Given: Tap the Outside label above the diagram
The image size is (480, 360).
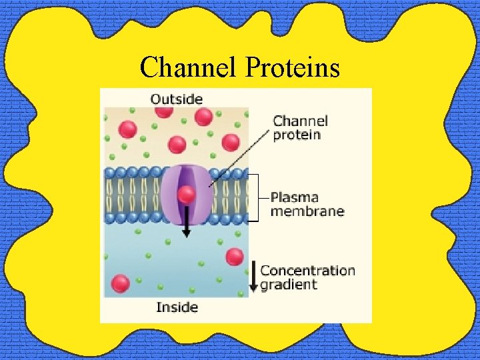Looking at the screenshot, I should coord(176,99).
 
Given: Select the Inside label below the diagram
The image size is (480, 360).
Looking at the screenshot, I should coord(177,307).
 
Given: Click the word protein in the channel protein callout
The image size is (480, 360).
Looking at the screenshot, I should coord(297,135).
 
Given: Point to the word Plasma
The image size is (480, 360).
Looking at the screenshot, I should coord(295,197).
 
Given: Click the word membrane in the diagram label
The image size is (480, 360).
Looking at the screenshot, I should coord(307,211).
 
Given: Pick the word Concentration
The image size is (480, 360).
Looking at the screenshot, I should coord(307,271).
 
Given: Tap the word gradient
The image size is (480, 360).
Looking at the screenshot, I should coord(289,285).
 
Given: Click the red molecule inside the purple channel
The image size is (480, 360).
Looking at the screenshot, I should coord(187,195).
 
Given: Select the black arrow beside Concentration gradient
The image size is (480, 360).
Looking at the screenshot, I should coord(253,277).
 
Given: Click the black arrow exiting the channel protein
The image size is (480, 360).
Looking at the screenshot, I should coord(187,223).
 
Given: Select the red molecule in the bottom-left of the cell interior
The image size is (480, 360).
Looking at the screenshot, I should coord(121,283).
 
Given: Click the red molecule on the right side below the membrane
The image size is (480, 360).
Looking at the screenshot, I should coord(234,257).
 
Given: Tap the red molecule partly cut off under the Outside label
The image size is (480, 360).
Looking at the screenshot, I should coord(164,111).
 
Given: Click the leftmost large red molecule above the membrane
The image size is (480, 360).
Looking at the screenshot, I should coord(127,129).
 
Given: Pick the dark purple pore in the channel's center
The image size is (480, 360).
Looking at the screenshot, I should coord(187,180).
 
